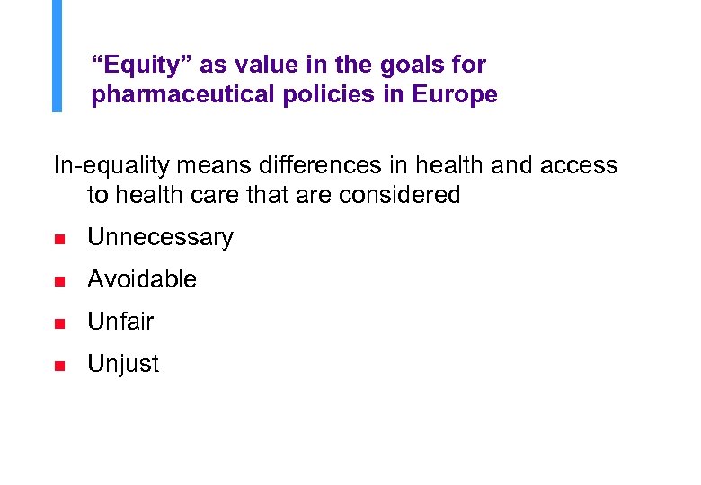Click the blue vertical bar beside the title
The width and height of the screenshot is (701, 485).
pos(58,56)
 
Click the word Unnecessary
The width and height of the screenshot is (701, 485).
pos(160,237)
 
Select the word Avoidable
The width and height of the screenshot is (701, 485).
pos(141,279)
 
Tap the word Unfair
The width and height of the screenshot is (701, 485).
pos(120,322)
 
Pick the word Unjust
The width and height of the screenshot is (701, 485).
pos(122,364)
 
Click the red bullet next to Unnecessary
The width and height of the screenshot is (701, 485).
pos(58,239)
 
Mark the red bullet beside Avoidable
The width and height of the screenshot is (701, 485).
pos(58,281)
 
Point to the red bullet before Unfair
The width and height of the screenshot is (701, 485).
pos(58,323)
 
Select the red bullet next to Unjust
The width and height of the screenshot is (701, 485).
pos(58,366)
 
